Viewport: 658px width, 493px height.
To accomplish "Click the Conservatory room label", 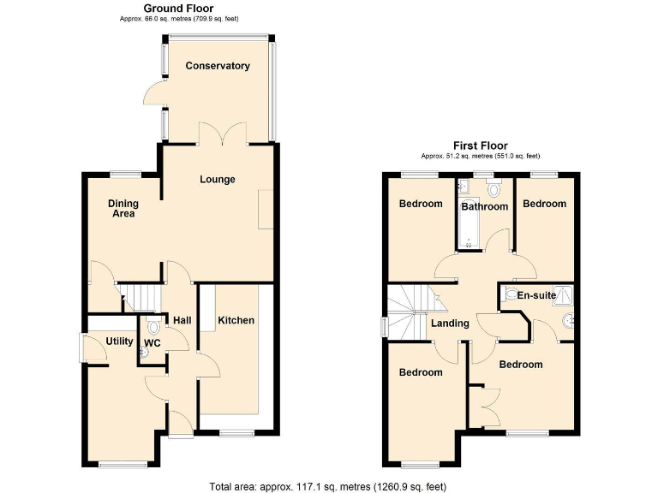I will (x=218, y=66).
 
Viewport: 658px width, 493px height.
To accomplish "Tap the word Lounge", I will (x=218, y=180).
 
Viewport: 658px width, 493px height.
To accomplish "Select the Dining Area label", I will (x=123, y=209).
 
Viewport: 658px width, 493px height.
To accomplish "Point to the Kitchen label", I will (x=236, y=320).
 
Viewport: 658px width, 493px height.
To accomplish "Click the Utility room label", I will (x=119, y=342).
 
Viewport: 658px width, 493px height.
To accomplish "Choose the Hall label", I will (x=182, y=320).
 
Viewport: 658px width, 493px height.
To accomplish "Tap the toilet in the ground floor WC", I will (x=153, y=327).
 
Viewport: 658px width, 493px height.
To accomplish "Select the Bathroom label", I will (x=485, y=206).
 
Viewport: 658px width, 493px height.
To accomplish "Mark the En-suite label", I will (x=537, y=295).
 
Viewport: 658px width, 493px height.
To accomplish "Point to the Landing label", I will (x=450, y=324).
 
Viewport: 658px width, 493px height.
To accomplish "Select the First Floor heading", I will (x=480, y=146).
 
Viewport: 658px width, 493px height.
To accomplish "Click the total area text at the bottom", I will (x=328, y=486).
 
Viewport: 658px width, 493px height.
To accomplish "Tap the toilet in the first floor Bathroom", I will (x=492, y=189).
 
